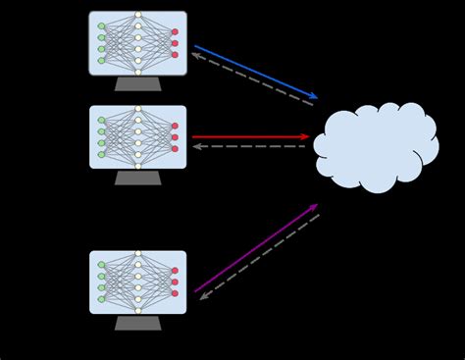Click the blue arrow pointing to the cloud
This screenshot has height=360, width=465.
(255, 72)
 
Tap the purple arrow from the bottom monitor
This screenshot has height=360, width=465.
(255, 248)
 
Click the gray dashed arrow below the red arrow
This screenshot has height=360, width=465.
(249, 147)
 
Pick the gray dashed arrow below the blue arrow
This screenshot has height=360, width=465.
(252, 79)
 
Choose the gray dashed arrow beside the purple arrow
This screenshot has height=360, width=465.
(260, 256)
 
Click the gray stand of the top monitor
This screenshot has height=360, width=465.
(137, 84)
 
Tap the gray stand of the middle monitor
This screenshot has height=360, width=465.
(137, 178)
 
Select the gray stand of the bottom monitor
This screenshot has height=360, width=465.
(137, 323)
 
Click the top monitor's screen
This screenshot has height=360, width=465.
(137, 43)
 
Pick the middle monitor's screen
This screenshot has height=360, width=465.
(137, 136)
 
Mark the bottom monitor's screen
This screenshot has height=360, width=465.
(137, 282)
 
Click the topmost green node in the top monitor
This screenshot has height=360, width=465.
(101, 26)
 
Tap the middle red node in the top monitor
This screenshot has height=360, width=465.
(175, 43)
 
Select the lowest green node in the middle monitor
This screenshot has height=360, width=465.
(101, 154)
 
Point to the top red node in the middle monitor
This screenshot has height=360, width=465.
(175, 126)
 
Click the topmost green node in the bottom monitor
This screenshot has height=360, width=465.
(101, 265)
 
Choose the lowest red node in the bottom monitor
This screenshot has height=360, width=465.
(175, 293)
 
